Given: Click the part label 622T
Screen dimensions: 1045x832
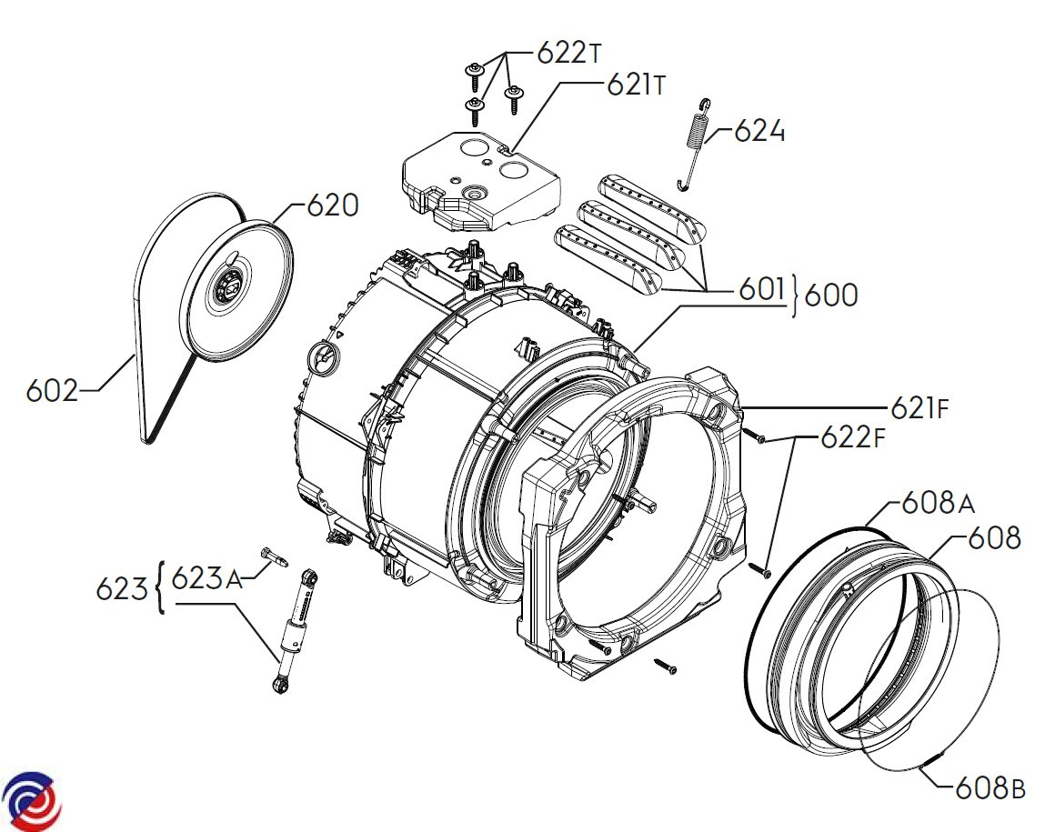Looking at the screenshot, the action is (x=569, y=53).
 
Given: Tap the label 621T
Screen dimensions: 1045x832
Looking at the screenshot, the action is (x=636, y=85).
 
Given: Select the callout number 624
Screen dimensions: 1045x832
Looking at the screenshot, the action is (x=759, y=131).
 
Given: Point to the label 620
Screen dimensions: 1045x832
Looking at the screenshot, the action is (x=333, y=205).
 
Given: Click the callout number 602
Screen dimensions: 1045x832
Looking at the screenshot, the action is (x=52, y=390).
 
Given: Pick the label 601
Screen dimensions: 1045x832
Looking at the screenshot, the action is (x=762, y=289).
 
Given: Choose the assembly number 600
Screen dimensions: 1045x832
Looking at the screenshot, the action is (x=831, y=295).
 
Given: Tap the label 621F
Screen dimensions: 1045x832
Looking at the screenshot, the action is (x=919, y=407).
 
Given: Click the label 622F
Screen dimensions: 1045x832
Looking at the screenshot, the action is (x=853, y=437).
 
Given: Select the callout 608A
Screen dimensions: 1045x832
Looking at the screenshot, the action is (x=938, y=503).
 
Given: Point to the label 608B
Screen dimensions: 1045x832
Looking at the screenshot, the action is (x=990, y=788).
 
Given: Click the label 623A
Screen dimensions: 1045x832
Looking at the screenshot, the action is (x=206, y=578).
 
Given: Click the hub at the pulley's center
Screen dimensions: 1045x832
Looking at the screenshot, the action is (x=226, y=287).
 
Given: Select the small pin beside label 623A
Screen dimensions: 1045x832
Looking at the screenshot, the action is (x=275, y=557).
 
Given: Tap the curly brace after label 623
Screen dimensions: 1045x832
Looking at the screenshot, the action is (x=159, y=587).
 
